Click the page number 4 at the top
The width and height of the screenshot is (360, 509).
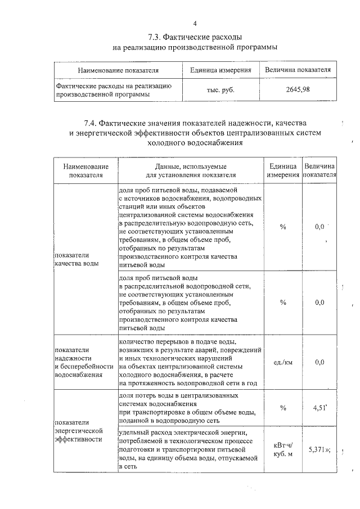pyautogui.click(x=195, y=23)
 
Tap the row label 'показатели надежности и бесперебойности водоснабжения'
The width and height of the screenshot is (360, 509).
pyautogui.click(x=82, y=362)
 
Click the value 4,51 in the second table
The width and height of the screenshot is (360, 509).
pyautogui.click(x=318, y=408)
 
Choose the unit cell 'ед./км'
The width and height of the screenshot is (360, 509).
pyautogui.click(x=283, y=362)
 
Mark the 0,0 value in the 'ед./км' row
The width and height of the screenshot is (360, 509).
pyautogui.click(x=319, y=362)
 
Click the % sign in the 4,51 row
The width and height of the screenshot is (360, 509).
pyautogui.click(x=283, y=409)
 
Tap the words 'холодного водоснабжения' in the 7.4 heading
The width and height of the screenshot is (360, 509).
pyautogui.click(x=195, y=143)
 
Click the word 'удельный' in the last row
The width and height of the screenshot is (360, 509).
pyautogui.click(x=134, y=431)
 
